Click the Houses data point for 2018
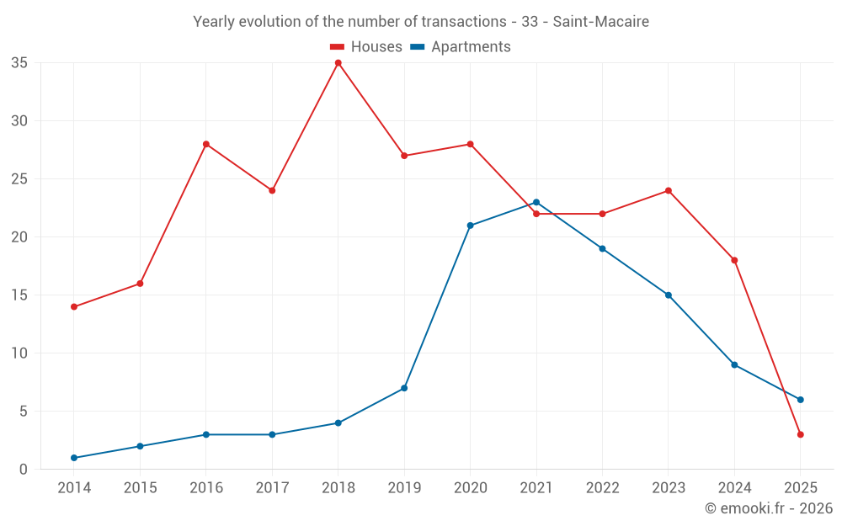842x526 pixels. coord(338,63)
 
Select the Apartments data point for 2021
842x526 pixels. coord(536,202)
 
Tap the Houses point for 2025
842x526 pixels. coord(801,434)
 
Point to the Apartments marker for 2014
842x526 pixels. coord(74,458)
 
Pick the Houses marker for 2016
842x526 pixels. coord(205,144)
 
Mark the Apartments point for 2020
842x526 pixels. coord(470,226)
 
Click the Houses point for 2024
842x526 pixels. coord(734,260)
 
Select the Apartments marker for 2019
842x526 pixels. coord(404,388)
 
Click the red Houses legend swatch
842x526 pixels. coord(338,47)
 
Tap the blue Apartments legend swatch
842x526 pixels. coord(418,47)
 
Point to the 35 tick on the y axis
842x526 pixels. coord(19,63)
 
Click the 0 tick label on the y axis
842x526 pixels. coord(24,469)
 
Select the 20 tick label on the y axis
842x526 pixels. coord(19,237)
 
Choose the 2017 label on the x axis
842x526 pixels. coord(272,488)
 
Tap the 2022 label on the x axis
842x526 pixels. coord(602,488)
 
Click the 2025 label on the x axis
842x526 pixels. coord(801,488)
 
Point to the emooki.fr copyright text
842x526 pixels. coord(768,508)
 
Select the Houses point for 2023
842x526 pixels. coord(669,190)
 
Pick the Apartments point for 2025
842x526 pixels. coord(801,400)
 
